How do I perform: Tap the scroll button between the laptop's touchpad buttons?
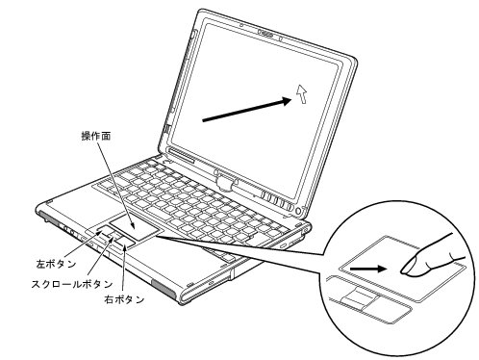[x=116, y=241]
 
